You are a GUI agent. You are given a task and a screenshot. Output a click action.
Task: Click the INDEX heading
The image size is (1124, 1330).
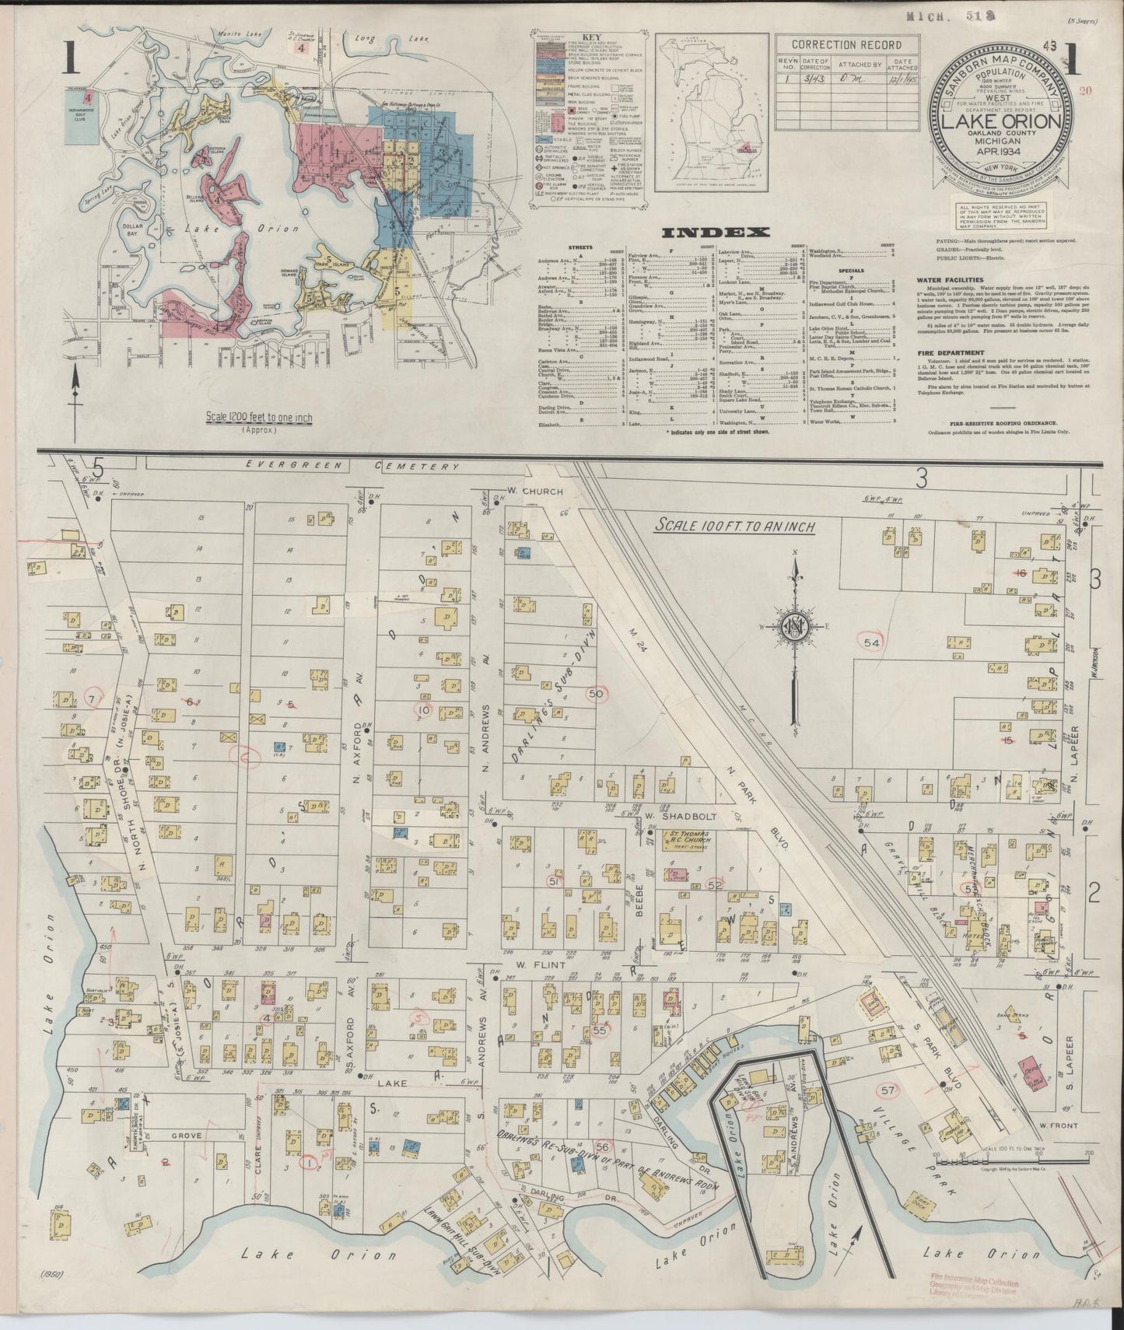[715, 232]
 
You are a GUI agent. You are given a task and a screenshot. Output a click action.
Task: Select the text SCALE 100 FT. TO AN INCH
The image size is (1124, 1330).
[734, 527]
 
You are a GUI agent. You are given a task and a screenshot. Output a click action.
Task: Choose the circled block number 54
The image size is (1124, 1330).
[871, 642]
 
